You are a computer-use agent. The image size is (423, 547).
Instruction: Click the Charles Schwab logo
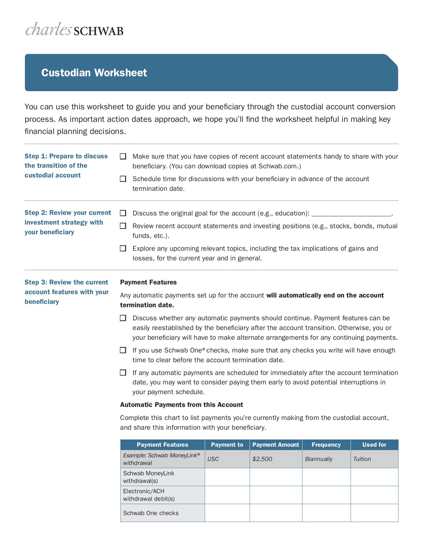[x=75, y=30]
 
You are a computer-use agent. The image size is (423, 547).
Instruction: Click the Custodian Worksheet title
[x=94, y=73]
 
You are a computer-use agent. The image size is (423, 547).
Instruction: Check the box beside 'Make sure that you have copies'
[x=123, y=157]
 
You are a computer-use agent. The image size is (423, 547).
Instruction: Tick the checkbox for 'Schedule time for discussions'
[x=123, y=179]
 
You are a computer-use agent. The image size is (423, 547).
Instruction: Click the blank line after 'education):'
[x=351, y=214]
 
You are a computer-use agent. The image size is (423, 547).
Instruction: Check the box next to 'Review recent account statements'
[x=123, y=226]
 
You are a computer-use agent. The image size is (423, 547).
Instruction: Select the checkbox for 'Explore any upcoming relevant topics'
[x=123, y=249]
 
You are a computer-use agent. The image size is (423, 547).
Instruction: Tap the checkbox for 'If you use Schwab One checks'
[x=123, y=350]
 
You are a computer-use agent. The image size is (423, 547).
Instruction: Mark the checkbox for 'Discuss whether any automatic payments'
[x=123, y=318]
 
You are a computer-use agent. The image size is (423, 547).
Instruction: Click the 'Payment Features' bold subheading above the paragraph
[x=148, y=282]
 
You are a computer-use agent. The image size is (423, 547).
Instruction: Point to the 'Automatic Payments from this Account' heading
[x=182, y=405]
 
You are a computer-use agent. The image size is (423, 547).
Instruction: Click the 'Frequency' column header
[x=326, y=445]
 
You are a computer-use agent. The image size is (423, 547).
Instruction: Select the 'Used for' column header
[x=374, y=445]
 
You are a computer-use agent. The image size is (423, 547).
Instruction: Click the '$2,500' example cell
[x=262, y=459]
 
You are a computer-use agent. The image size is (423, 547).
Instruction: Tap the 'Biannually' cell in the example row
[x=319, y=459]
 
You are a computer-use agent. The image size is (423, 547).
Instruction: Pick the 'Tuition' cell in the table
[x=362, y=459]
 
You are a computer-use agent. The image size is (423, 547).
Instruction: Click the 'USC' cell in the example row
[x=213, y=459]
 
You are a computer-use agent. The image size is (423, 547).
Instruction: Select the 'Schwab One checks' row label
[x=151, y=513]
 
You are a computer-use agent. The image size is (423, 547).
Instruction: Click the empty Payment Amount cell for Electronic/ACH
[x=276, y=495]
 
